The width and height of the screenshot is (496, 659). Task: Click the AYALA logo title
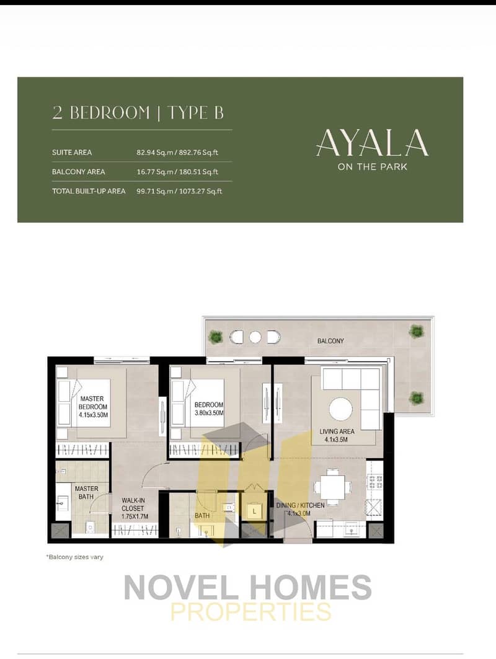(x=372, y=142)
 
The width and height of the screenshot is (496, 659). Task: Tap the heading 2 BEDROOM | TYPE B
(x=138, y=113)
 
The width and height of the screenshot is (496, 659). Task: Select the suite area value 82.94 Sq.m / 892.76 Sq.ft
(x=177, y=153)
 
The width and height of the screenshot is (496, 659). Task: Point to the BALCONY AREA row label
(x=79, y=172)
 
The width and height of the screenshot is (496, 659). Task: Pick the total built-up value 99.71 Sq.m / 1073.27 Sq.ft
(x=179, y=191)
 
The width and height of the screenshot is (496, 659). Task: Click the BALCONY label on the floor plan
(x=330, y=341)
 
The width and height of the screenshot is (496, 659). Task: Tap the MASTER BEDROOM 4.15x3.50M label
(x=93, y=407)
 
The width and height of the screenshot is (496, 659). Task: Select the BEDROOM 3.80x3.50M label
(x=209, y=409)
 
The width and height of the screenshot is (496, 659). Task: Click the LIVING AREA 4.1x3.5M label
(x=337, y=435)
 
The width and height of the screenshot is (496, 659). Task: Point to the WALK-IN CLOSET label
(x=135, y=508)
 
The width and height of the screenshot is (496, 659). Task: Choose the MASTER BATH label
(x=87, y=493)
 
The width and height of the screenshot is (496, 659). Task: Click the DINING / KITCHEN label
(x=300, y=509)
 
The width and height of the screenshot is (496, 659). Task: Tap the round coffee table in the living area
(x=341, y=409)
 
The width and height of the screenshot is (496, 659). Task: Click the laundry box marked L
(x=254, y=511)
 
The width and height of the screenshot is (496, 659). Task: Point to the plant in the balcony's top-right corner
(x=415, y=331)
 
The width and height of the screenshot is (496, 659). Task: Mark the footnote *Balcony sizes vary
(x=74, y=557)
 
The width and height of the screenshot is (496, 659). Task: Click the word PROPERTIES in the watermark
(x=250, y=611)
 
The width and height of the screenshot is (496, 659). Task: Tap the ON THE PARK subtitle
(x=373, y=166)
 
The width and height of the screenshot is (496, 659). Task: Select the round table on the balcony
(x=255, y=337)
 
